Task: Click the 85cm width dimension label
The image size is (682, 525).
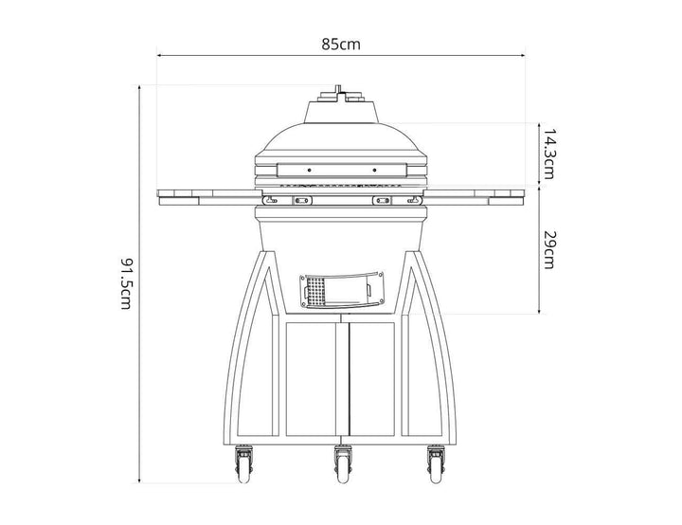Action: (x=341, y=45)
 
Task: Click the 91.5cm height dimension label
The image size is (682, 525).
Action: (x=126, y=284)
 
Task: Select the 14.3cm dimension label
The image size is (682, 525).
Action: (x=548, y=154)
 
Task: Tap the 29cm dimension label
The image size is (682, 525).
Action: (x=548, y=249)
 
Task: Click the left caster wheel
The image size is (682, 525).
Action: (x=244, y=465)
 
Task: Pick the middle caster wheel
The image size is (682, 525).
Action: (x=344, y=465)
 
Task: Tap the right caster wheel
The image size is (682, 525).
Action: (x=437, y=465)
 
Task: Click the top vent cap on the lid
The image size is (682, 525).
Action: (x=341, y=95)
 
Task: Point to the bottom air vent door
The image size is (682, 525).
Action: (x=342, y=290)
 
